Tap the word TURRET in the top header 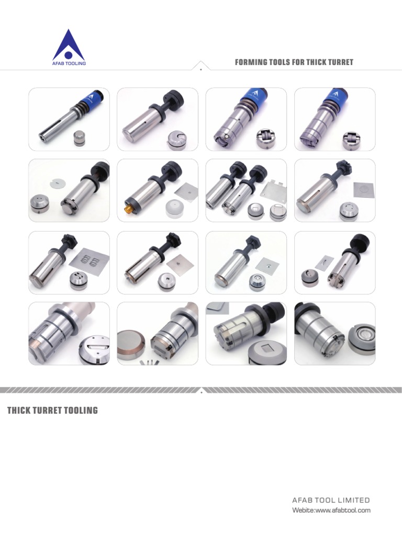click(x=340, y=62)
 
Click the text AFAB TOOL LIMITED click(x=331, y=500)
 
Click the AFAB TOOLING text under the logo click(x=69, y=63)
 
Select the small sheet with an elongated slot click(x=324, y=260)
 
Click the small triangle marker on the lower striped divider click(x=201, y=390)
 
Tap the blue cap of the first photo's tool click(x=93, y=99)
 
